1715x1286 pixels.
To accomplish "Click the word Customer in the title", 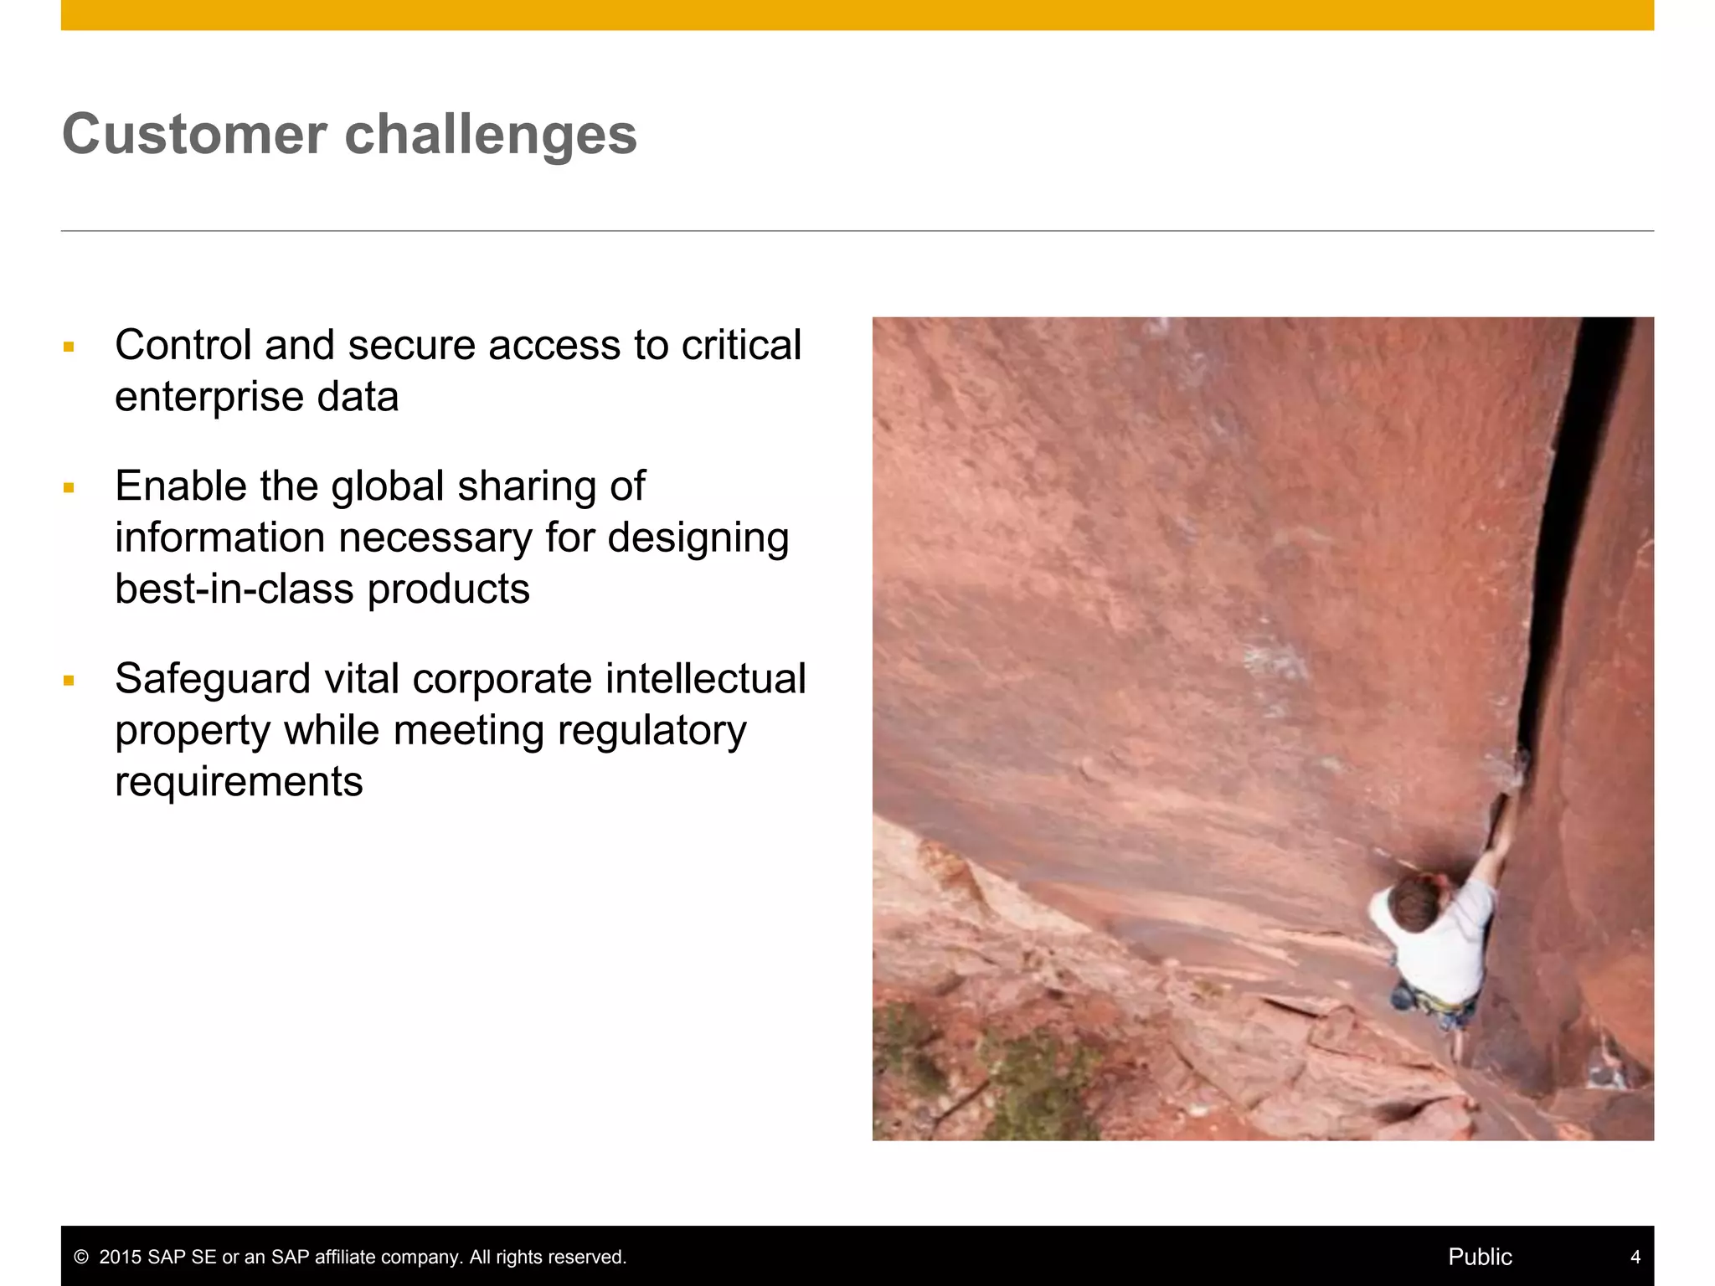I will tap(194, 134).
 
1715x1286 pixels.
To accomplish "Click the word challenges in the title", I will tap(491, 134).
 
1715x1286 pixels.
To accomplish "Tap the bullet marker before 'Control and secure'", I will tap(69, 347).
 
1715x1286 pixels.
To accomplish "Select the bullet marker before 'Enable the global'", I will tap(69, 487).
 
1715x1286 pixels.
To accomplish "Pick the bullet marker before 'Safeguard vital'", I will tap(69, 681).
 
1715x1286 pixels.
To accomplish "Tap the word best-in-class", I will tap(234, 589).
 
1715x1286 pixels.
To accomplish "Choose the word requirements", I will tap(239, 782).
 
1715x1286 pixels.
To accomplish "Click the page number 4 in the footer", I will tap(1635, 1257).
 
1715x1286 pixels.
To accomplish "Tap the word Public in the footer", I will tap(1480, 1257).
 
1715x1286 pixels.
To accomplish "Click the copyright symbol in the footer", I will tap(81, 1258).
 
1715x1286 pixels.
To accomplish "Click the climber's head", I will tap(1414, 903).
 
